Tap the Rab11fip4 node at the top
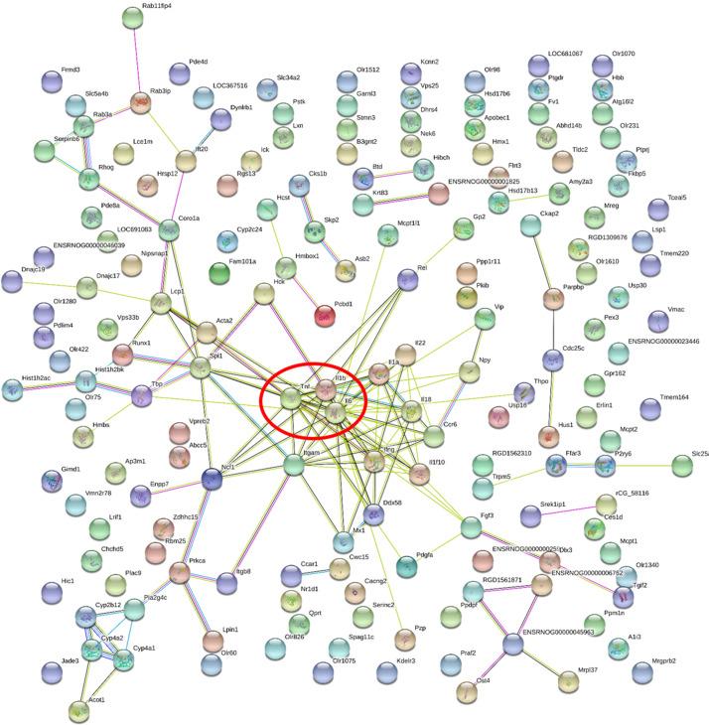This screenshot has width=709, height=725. [133, 17]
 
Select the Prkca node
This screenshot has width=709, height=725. [180, 572]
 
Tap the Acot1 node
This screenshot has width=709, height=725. [78, 710]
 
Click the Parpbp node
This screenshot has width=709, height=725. [552, 299]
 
